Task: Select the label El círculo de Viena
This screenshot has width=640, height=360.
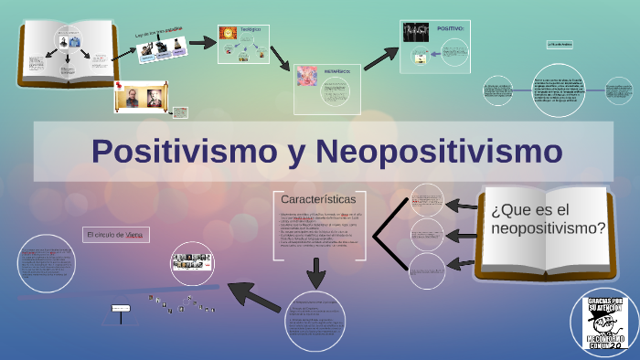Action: point(114,235)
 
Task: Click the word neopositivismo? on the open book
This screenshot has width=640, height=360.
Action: point(548,228)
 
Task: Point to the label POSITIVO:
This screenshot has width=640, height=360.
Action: point(451,29)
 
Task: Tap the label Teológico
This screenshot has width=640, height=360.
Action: point(250,29)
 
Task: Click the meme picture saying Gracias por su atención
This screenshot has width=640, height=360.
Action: point(605,321)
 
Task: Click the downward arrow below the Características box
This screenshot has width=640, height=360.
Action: point(316,272)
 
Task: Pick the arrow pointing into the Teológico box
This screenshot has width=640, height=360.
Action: point(204,41)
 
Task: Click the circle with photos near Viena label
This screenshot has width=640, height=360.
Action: point(192,262)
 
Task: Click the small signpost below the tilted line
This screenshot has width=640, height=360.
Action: point(121,310)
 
